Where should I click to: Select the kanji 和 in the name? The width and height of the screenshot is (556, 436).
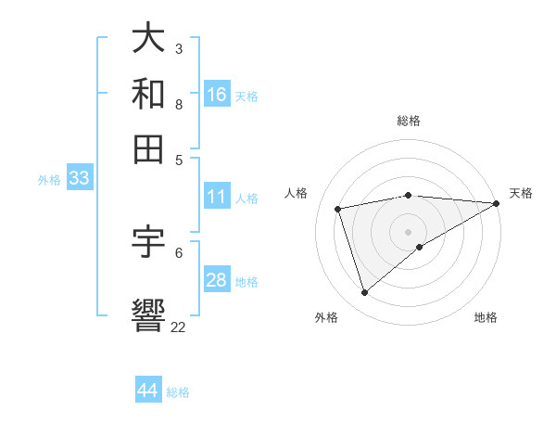[x=149, y=93]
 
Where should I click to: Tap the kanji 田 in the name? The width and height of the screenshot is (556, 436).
[x=149, y=148]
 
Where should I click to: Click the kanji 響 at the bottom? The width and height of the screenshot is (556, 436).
[x=149, y=314]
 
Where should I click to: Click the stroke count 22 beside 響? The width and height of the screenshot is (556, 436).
[x=178, y=327]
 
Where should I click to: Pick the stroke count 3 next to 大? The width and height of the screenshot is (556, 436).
[x=178, y=48]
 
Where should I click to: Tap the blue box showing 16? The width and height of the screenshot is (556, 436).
[x=217, y=94]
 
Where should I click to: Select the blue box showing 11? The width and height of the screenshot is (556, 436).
[x=217, y=197]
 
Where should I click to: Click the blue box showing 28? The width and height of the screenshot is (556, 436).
[x=217, y=280]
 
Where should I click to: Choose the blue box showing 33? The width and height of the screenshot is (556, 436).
[x=79, y=179]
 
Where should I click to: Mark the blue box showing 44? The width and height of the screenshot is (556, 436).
[x=148, y=391]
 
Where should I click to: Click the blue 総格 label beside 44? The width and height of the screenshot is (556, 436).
[x=178, y=392]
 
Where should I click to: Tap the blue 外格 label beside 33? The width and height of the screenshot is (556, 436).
[x=49, y=180]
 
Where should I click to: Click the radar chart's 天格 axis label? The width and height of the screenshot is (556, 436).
[x=521, y=193]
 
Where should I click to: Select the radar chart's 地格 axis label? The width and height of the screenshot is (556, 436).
[x=486, y=317]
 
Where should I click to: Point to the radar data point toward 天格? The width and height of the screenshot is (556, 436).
[x=497, y=203]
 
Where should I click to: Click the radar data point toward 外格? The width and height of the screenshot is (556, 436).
[x=364, y=293]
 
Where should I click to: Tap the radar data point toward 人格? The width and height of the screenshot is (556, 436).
[x=338, y=209]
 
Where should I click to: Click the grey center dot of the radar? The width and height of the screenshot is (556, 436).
[x=409, y=230]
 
